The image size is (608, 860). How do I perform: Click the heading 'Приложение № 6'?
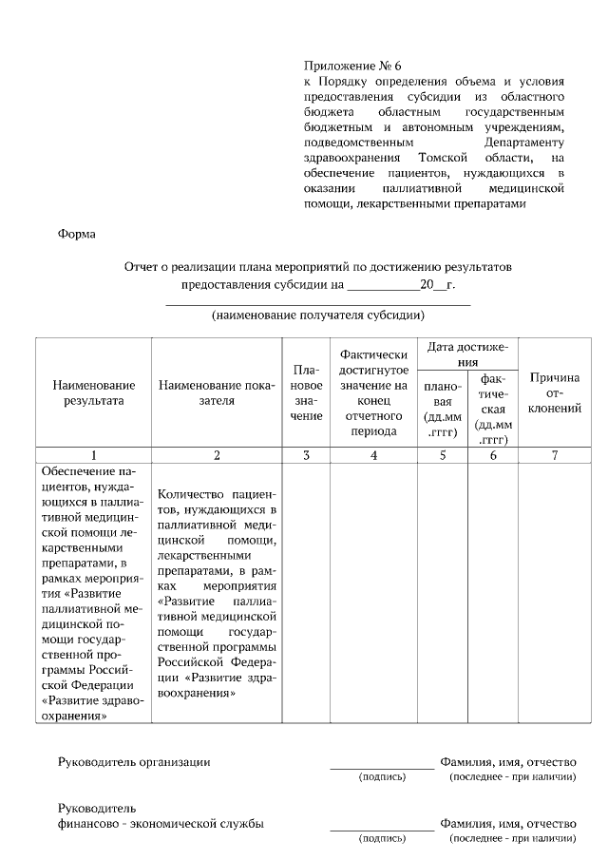coord(352,66)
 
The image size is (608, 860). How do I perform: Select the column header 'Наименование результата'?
coord(93,392)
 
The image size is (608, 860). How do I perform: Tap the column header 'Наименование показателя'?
coord(217,392)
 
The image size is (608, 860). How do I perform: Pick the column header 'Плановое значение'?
coord(306,392)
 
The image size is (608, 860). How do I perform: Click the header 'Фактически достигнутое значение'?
coord(373,392)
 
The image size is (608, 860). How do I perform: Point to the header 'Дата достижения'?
coord(468,354)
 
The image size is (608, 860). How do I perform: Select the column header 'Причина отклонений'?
coord(555,392)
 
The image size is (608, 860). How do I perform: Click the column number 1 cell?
coord(93,455)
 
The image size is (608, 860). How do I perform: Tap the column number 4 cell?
coord(373,455)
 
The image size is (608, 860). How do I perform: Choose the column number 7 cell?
coord(555,455)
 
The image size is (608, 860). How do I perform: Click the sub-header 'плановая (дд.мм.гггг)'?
coord(443,409)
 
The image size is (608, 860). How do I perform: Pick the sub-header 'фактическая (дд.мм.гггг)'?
coord(492,409)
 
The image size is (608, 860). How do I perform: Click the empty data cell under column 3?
coord(306,594)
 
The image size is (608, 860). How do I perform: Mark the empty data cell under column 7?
coord(555,594)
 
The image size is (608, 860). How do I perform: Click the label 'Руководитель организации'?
coord(134,761)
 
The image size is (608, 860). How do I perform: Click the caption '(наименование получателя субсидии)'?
coord(317,315)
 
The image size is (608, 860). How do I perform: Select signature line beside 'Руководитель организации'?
coord(382,765)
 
